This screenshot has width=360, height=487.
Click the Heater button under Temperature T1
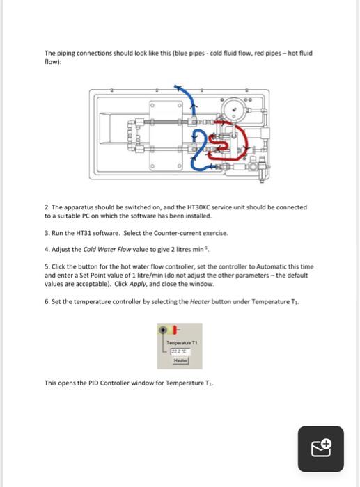tap(180, 361)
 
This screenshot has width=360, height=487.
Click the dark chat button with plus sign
tap(320, 449)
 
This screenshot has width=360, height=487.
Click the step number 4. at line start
tap(47, 248)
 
